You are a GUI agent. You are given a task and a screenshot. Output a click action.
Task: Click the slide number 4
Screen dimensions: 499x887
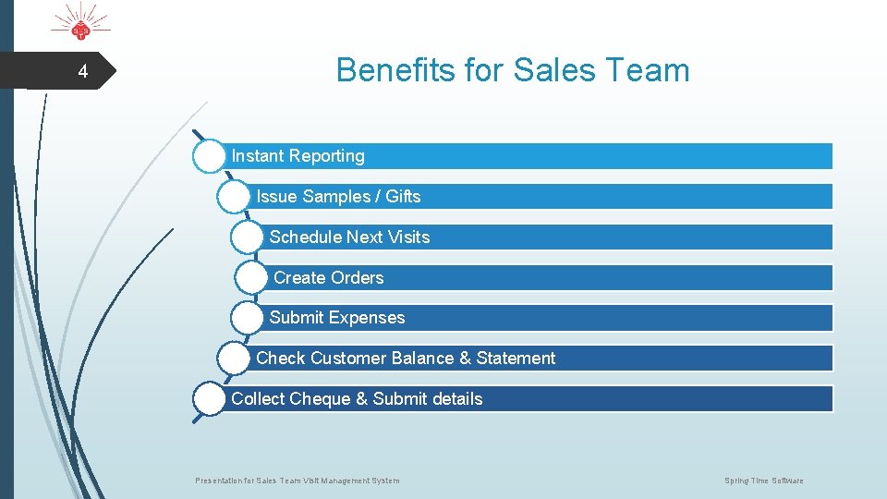tap(82, 72)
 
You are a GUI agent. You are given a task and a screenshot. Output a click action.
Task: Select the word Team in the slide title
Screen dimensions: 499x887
tap(651, 70)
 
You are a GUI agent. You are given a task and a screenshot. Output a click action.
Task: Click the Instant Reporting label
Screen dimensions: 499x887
tap(298, 156)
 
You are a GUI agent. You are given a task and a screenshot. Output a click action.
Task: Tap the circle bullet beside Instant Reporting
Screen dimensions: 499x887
tap(210, 156)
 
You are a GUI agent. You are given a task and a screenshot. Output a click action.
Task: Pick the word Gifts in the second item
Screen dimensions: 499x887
tap(403, 196)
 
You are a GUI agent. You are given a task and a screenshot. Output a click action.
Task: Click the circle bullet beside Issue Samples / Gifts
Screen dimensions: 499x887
tap(234, 196)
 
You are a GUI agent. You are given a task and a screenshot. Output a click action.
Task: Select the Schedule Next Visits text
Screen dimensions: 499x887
tap(349, 237)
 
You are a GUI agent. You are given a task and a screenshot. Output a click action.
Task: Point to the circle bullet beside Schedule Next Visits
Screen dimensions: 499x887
tap(248, 237)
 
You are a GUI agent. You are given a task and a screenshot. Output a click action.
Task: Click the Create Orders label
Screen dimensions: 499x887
tap(328, 277)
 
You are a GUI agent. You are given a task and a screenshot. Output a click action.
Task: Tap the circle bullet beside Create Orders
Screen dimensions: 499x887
tap(251, 277)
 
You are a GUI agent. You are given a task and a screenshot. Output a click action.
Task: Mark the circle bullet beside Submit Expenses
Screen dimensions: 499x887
tap(248, 318)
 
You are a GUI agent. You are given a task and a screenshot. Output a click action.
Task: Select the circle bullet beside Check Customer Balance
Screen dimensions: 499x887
tap(234, 358)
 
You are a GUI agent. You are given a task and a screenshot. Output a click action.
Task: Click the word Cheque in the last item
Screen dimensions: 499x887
tap(320, 398)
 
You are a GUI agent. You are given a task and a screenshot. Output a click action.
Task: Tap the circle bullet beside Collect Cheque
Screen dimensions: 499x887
tap(210, 398)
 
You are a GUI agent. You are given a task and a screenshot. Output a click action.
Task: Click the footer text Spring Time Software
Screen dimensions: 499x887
tap(763, 481)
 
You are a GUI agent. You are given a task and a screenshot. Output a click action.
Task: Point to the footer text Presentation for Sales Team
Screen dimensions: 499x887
tap(298, 481)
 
